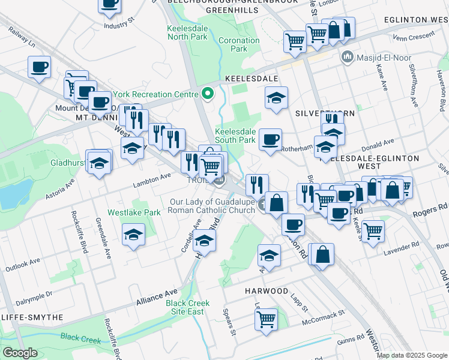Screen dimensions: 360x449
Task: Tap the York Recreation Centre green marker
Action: tap(208, 94)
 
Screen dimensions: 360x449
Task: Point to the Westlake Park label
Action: tap(134, 212)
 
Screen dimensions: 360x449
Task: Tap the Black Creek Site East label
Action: tap(188, 307)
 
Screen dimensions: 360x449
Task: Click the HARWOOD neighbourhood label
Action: tap(267, 291)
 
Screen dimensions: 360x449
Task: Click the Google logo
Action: tap(20, 353)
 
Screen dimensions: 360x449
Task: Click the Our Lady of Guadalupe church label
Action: tap(212, 206)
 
